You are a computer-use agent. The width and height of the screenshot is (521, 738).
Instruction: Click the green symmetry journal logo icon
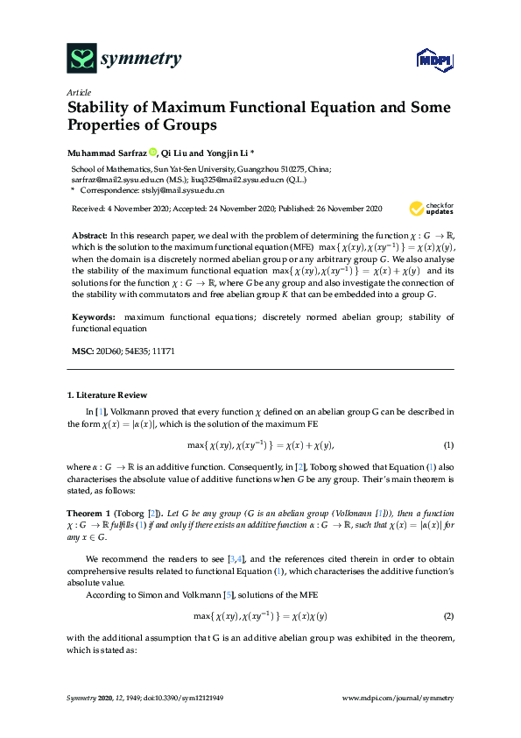pyautogui.click(x=81, y=59)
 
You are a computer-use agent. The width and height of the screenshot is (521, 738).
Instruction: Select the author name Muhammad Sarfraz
pyautogui.click(x=106, y=151)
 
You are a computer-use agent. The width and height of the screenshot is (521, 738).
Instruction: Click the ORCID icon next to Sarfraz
pyautogui.click(x=152, y=151)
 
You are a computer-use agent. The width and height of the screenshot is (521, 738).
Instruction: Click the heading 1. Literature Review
pyautogui.click(x=109, y=394)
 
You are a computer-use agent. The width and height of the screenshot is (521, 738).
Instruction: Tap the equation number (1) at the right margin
pyautogui.click(x=447, y=446)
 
